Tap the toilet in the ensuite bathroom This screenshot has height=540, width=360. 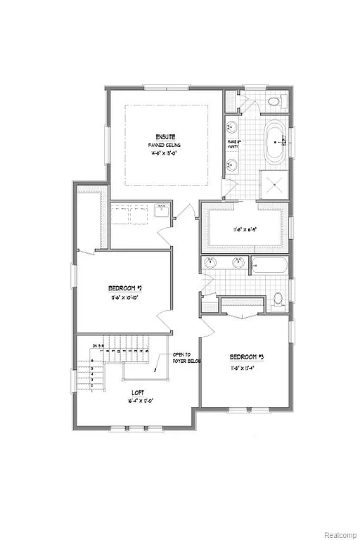(274, 103)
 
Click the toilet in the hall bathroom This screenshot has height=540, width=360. (278, 298)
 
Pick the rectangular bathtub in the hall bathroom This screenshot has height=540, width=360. (269, 266)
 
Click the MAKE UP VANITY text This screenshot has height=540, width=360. (234, 145)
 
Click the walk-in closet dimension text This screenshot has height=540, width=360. (243, 229)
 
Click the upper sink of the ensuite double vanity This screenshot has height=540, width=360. (233, 129)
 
